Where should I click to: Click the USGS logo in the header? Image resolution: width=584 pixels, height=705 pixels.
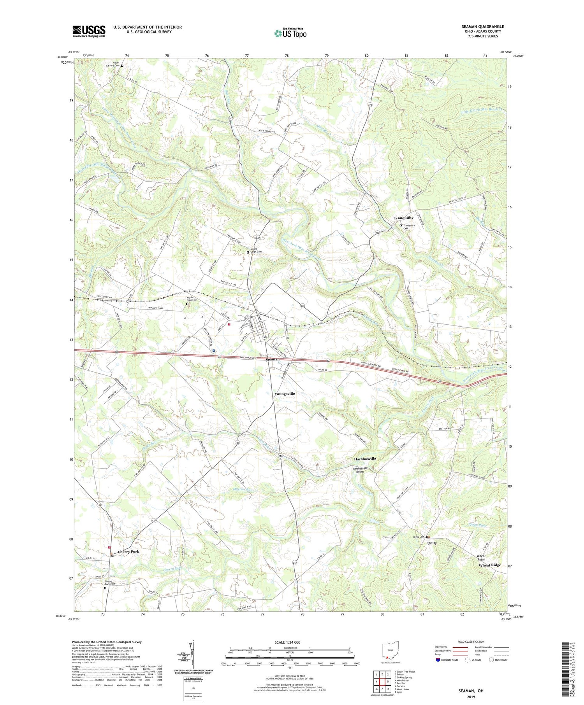click(89, 31)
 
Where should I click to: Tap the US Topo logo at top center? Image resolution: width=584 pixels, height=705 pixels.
click(290, 33)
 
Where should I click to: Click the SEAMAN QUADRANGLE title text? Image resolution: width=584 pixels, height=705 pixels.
click(482, 26)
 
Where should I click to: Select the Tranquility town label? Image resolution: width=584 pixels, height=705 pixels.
click(403, 218)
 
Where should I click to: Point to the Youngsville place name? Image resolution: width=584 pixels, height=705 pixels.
click(285, 394)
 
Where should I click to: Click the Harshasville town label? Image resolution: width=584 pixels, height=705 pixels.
click(365, 459)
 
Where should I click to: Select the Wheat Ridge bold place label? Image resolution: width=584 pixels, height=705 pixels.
click(490, 565)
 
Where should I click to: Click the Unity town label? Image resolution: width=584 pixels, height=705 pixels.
click(432, 543)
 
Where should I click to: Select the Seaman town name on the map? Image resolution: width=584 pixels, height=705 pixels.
click(273, 359)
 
